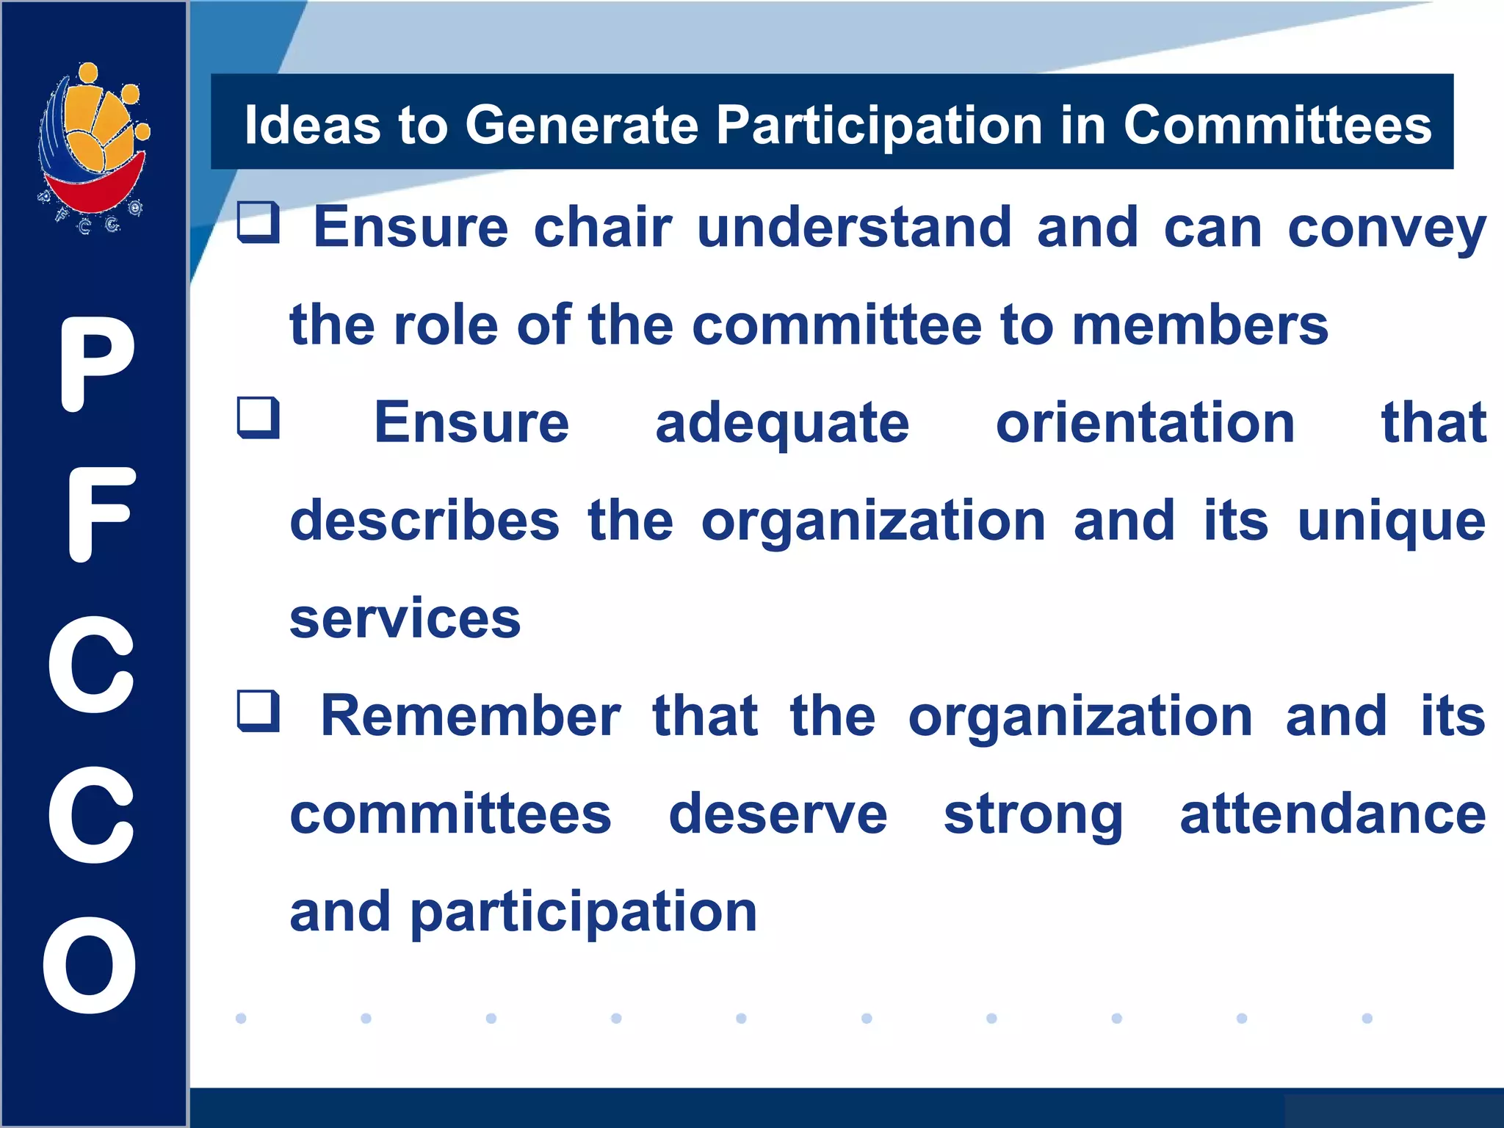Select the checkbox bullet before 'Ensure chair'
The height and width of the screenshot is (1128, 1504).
click(258, 222)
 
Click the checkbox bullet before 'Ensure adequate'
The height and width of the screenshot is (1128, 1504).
click(258, 417)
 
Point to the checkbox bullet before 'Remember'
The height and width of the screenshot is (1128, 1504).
click(258, 711)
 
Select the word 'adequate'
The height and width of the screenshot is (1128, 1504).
click(782, 424)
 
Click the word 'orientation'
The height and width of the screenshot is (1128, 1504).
click(1145, 423)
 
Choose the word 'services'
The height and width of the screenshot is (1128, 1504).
click(405, 619)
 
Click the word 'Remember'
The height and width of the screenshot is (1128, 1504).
click(471, 716)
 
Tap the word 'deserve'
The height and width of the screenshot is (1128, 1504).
click(778, 814)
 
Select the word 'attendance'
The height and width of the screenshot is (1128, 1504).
click(1332, 814)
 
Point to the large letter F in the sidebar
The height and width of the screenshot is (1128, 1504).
click(99, 514)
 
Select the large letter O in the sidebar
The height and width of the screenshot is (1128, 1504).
click(90, 965)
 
